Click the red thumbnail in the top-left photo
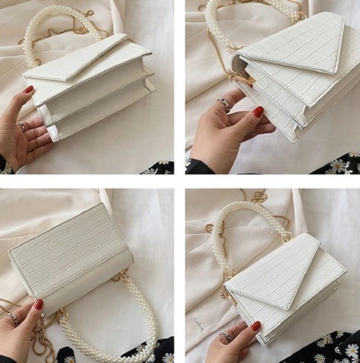pyautogui.click(x=29, y=90)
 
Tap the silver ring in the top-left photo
pyautogui.click(x=21, y=126)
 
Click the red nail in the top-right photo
pyautogui.click(x=258, y=111)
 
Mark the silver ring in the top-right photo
pyautogui.click(x=224, y=104)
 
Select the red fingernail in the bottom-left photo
pyautogui.click(x=39, y=304)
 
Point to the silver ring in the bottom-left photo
pyautogui.click(x=13, y=319)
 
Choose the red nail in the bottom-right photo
pyautogui.click(x=255, y=325)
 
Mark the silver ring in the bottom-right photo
pyautogui.click(x=225, y=335)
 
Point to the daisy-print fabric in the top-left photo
pyautogui.click(x=159, y=167)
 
